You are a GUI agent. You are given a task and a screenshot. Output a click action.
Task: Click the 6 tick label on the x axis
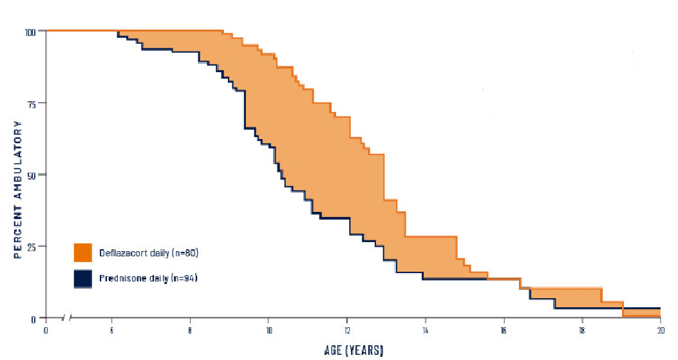(112, 330)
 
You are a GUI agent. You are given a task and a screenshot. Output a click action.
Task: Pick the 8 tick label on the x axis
(190, 330)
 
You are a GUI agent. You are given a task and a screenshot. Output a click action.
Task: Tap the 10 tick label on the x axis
(268, 330)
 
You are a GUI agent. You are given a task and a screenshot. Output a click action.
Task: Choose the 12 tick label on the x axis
(347, 330)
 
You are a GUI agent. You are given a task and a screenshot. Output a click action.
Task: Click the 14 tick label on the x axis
(426, 330)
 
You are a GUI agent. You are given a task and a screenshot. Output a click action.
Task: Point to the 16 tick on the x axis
(504, 330)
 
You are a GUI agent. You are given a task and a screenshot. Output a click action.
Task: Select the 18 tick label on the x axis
(582, 330)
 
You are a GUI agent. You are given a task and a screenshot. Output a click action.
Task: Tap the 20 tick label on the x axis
(661, 330)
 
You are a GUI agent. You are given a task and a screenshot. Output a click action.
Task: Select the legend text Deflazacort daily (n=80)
(148, 253)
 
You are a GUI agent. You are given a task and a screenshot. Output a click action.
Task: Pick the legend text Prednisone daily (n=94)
(147, 279)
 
